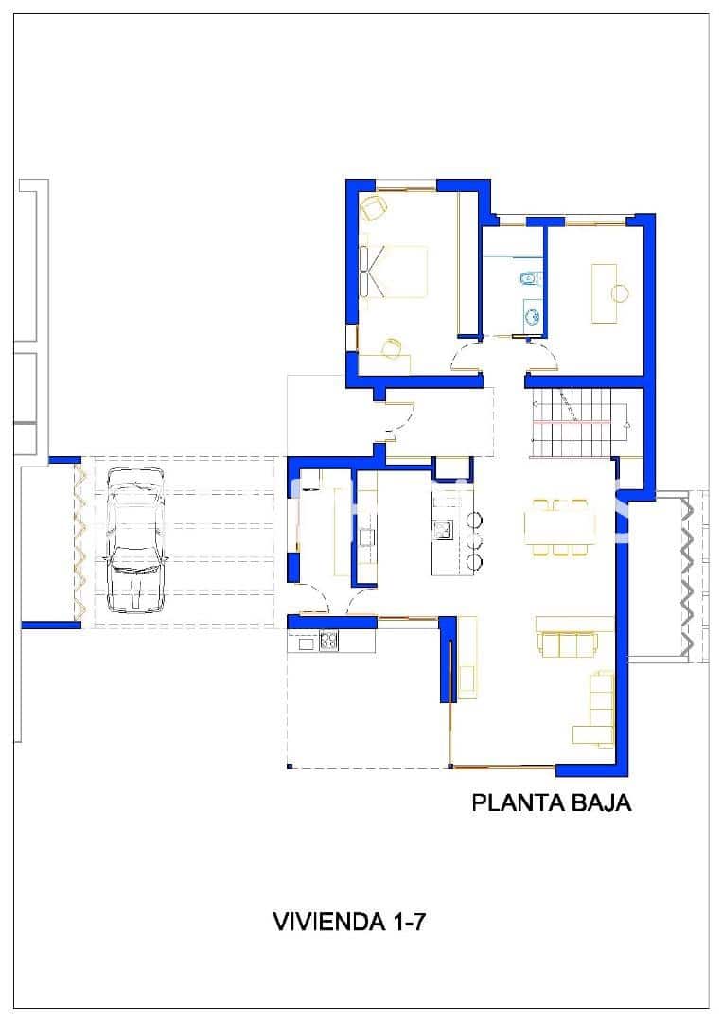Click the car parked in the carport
[137, 539]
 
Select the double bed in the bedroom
[395, 272]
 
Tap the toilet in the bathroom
[529, 278]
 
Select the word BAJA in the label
[600, 803]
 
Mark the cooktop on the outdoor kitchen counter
[328, 642]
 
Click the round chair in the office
[620, 292]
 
